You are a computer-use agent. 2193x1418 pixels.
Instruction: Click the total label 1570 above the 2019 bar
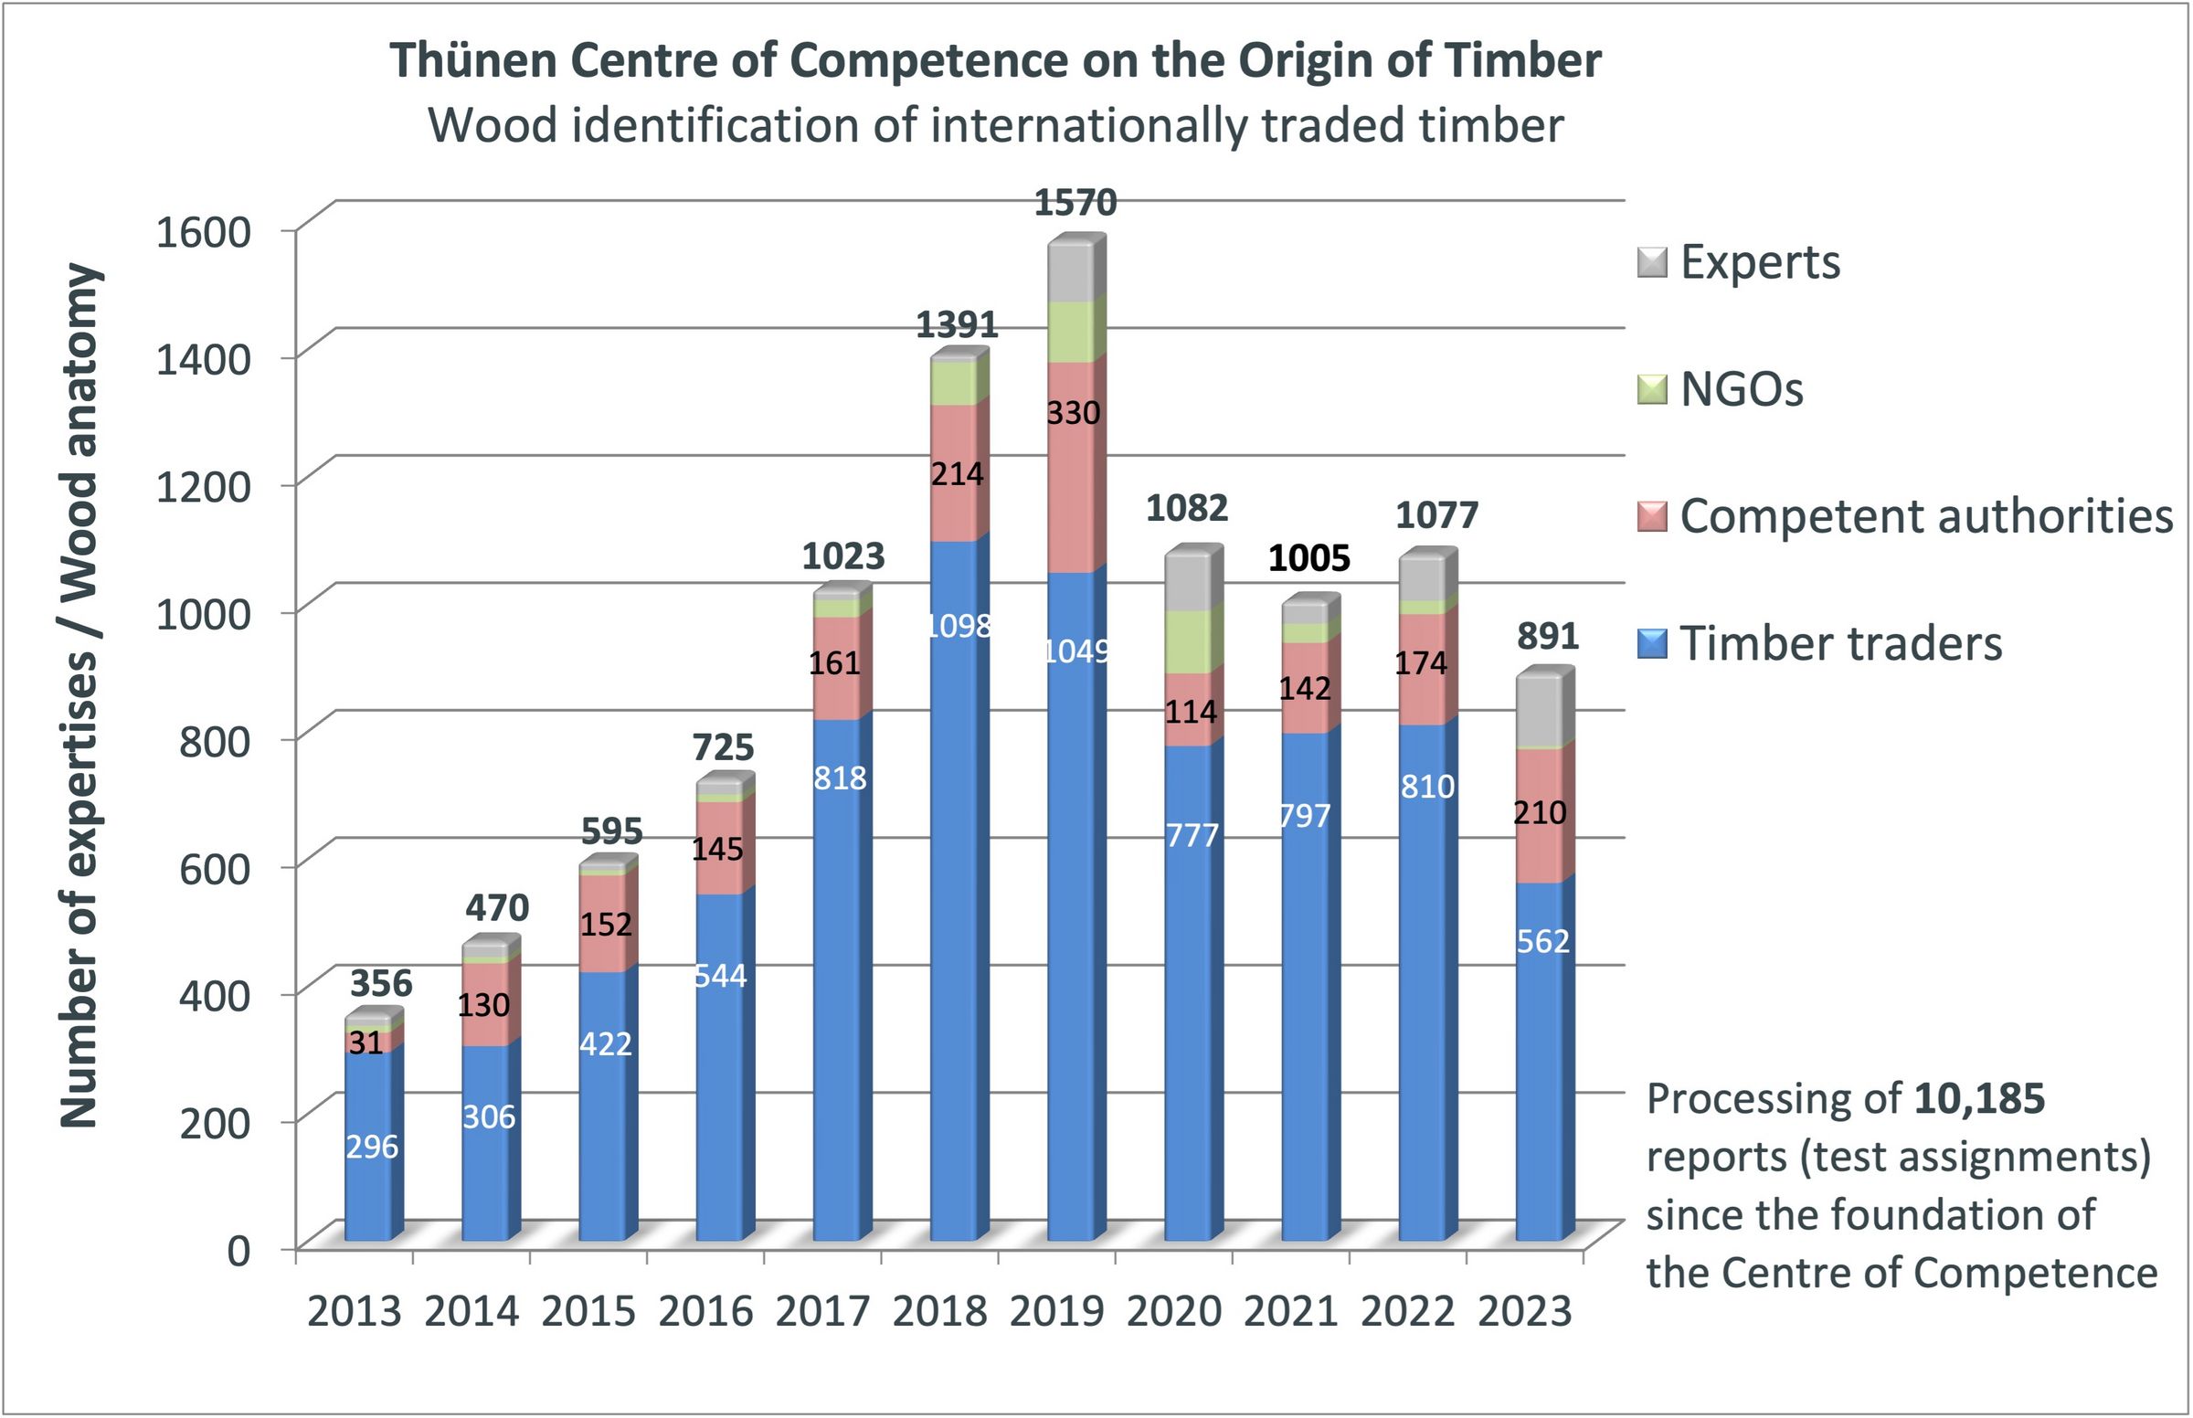click(x=1075, y=203)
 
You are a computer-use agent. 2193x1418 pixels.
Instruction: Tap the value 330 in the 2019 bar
click(x=1074, y=413)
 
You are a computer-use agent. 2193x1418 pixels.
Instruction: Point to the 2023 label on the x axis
click(x=1525, y=1311)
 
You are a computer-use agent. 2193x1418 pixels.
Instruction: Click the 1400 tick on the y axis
click(x=204, y=359)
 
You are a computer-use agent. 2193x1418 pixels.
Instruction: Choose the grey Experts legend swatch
click(x=1653, y=262)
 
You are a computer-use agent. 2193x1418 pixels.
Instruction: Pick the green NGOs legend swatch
click(x=1653, y=389)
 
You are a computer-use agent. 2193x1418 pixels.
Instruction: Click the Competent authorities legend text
click(x=1926, y=516)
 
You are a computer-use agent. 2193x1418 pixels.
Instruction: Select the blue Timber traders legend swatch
click(x=1653, y=643)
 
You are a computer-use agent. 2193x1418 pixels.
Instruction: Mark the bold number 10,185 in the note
click(x=1979, y=1098)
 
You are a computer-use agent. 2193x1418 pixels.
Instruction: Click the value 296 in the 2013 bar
click(x=372, y=1148)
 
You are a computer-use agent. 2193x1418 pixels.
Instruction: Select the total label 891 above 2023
click(x=1548, y=636)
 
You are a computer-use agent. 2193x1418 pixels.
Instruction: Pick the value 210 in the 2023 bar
click(x=1540, y=813)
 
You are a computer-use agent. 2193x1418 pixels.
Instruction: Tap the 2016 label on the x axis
click(x=705, y=1311)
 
